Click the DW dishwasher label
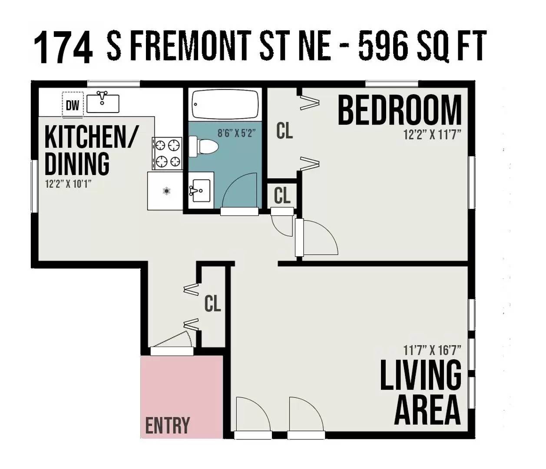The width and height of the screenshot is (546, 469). [x=73, y=106]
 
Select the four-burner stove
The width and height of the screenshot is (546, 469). [x=167, y=153]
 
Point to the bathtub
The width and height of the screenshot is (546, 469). [x=225, y=105]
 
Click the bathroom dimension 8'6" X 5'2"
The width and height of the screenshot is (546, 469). [x=237, y=133]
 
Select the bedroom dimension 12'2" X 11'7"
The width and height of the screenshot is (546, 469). [x=432, y=135]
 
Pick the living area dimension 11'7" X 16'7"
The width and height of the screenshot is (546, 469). [x=432, y=350]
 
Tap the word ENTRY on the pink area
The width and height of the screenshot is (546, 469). [x=168, y=425]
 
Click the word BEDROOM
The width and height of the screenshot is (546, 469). [x=400, y=110]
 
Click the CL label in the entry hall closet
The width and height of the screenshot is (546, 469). [x=213, y=304]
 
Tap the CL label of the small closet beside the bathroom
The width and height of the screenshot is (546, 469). [x=282, y=196]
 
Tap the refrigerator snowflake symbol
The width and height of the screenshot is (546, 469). [x=167, y=190]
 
